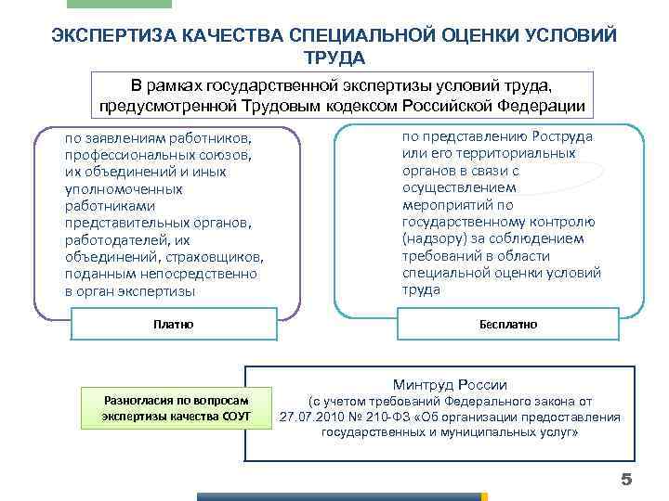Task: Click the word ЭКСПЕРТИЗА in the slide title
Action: tap(107, 35)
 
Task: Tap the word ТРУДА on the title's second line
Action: tap(334, 57)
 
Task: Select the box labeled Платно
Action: tap(173, 325)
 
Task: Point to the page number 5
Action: tap(625, 479)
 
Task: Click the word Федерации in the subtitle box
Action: tap(534, 104)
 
